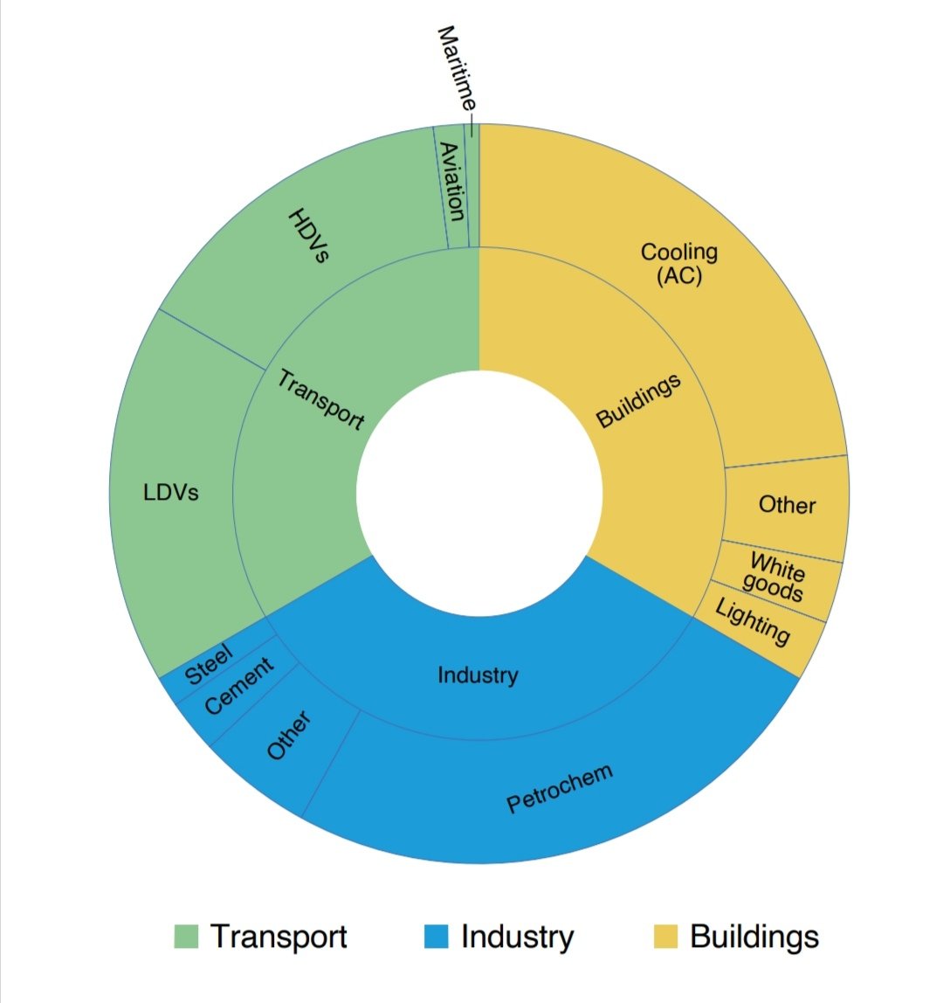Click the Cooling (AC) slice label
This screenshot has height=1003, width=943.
(x=678, y=264)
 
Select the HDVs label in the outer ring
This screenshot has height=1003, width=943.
(x=310, y=236)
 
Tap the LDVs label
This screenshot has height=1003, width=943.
(x=171, y=493)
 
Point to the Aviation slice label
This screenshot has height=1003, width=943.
(x=451, y=181)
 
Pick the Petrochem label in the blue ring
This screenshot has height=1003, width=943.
(x=561, y=788)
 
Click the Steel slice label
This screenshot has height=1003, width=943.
(x=209, y=666)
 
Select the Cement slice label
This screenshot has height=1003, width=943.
(x=238, y=686)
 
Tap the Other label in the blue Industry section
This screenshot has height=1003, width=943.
(x=288, y=736)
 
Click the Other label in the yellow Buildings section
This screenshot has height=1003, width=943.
(x=787, y=505)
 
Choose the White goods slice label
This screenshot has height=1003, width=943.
(x=776, y=578)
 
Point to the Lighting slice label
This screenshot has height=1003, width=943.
(x=753, y=621)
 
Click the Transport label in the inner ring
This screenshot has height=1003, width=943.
(x=320, y=399)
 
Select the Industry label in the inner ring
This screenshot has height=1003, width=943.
(x=478, y=674)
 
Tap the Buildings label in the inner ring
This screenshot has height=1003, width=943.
(x=638, y=401)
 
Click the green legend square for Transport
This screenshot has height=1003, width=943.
(x=186, y=936)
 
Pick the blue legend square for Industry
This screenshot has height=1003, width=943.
(x=436, y=936)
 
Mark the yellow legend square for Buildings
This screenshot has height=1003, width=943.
(x=665, y=936)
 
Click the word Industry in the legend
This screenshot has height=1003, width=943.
(x=517, y=936)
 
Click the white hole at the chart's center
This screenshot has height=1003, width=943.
(x=479, y=494)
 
